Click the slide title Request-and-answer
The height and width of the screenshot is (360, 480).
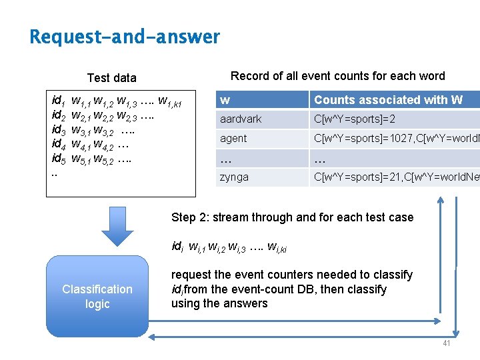(x=125, y=37)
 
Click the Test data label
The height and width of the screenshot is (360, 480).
(x=111, y=78)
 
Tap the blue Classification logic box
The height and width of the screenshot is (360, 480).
(x=97, y=296)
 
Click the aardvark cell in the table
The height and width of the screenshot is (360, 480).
(x=241, y=119)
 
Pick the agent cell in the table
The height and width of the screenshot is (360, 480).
(x=233, y=139)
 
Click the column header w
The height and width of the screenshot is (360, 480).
(x=225, y=100)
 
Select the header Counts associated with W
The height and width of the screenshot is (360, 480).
(x=388, y=100)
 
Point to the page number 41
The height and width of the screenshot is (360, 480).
(x=446, y=343)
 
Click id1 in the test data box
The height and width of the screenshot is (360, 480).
(x=58, y=101)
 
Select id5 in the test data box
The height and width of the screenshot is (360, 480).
(x=58, y=159)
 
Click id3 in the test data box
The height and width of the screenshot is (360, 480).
(x=58, y=129)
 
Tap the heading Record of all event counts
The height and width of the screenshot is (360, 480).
(x=337, y=76)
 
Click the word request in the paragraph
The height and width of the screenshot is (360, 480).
(x=191, y=275)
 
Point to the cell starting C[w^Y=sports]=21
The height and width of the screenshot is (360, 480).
(x=393, y=177)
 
